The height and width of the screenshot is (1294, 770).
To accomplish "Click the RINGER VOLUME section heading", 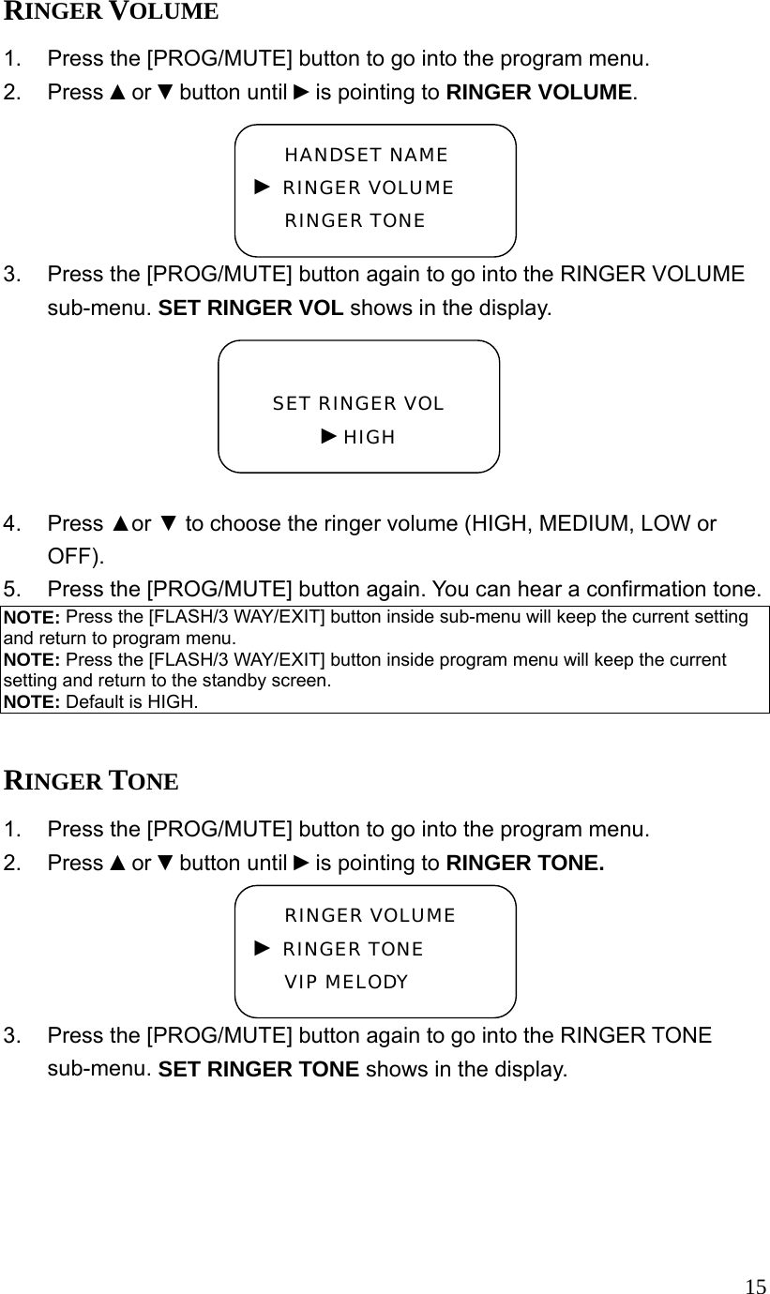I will point(112,12).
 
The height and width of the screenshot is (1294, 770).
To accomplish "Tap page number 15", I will point(755,1286).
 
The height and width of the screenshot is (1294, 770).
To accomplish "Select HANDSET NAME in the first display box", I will point(366,155).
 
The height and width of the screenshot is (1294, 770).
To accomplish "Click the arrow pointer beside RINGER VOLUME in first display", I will point(263,188).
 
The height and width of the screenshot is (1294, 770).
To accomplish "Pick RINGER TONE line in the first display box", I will point(355,221).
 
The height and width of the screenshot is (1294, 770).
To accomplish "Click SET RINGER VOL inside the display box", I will point(358,404).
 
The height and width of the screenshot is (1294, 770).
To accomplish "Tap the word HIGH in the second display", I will point(370,438).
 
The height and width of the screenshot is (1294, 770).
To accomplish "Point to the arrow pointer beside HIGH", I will point(328,436).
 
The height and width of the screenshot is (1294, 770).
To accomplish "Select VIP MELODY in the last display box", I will point(346,983).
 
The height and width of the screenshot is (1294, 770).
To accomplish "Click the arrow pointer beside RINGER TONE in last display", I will point(263,949).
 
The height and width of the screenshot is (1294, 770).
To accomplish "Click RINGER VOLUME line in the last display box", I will point(370,916).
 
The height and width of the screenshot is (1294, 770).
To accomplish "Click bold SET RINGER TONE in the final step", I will point(259,1069).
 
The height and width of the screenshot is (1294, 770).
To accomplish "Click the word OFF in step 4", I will point(69,555).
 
